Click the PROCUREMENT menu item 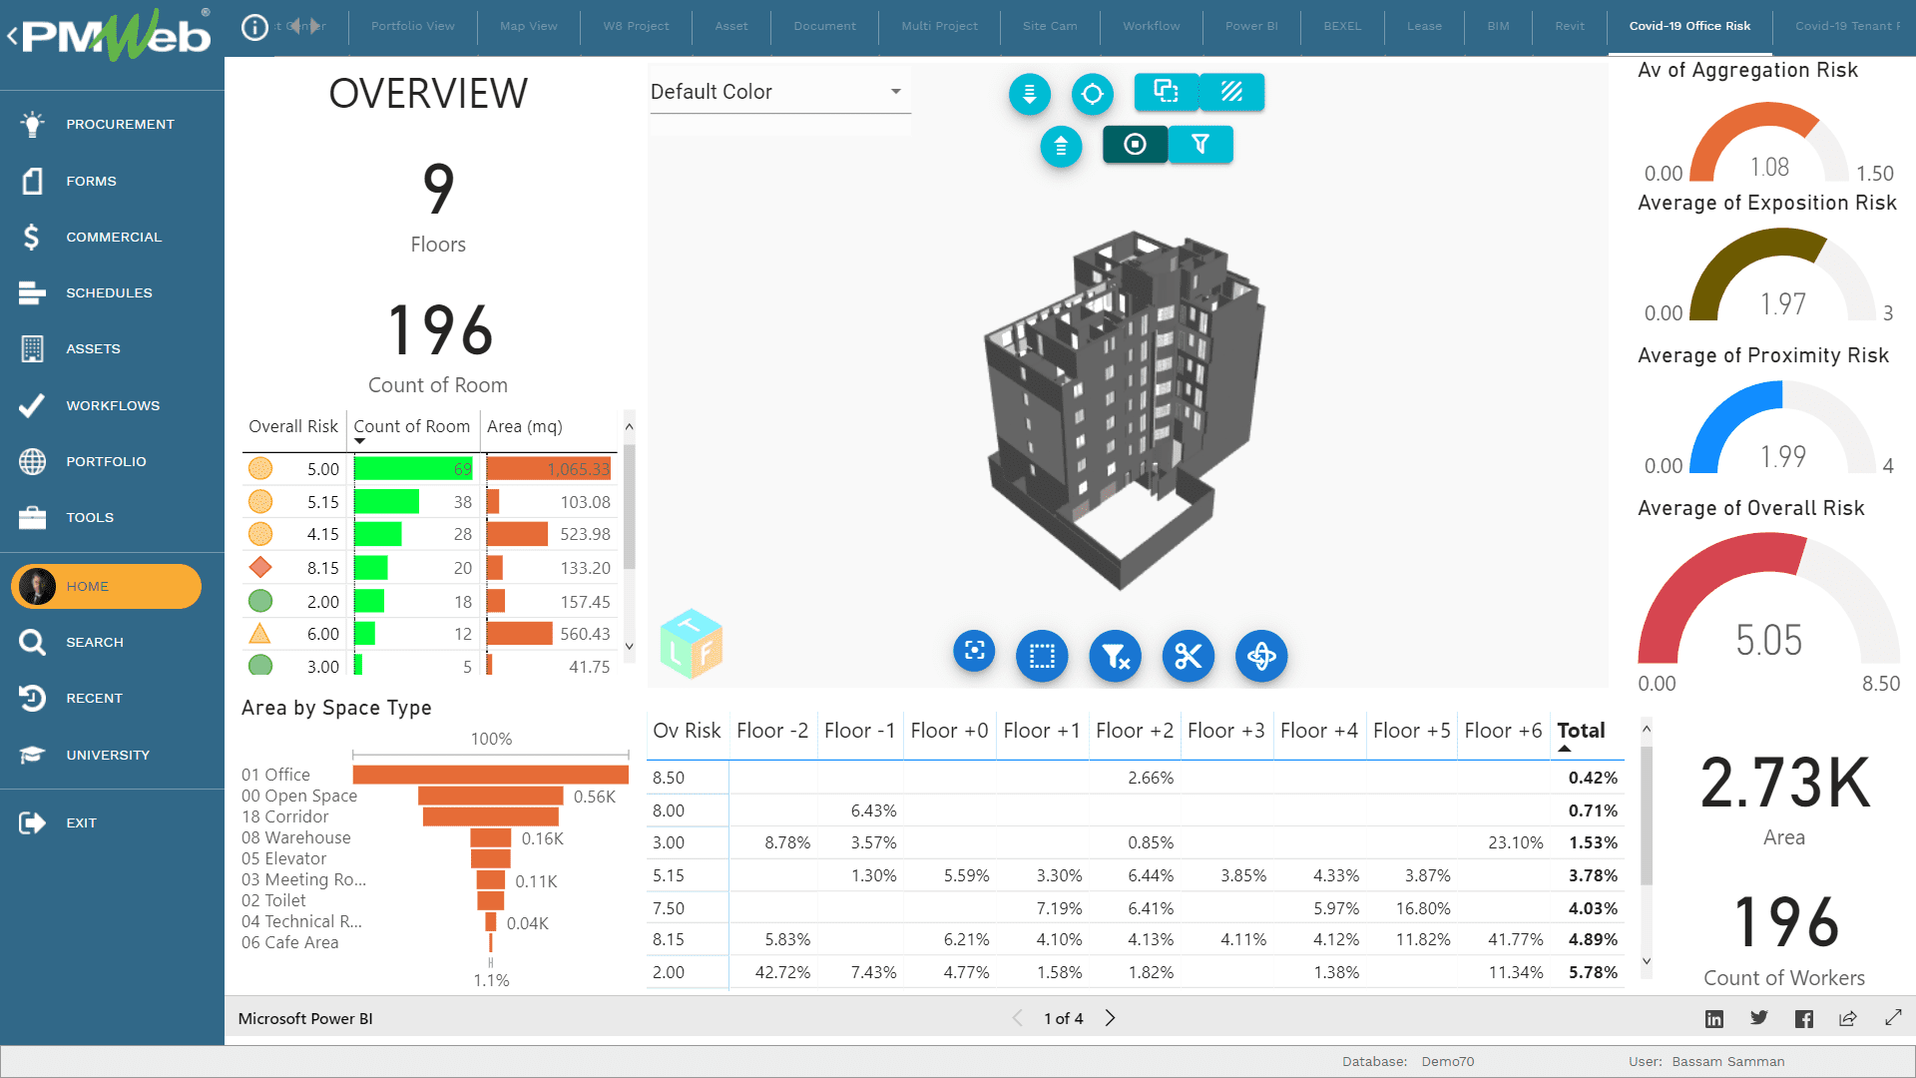[x=119, y=124]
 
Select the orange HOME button [x=106, y=586]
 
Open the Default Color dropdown [x=779, y=92]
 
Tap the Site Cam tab [x=1049, y=26]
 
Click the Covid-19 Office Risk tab [x=1688, y=26]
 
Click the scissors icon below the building [x=1188, y=656]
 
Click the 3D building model [x=1123, y=409]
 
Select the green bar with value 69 [x=412, y=469]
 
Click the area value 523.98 [x=584, y=534]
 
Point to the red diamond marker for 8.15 [x=260, y=567]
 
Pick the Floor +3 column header [x=1225, y=731]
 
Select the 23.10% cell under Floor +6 [x=1515, y=842]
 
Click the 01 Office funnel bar [x=490, y=775]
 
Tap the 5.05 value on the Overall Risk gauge [x=1768, y=640]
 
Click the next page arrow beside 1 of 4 [x=1110, y=1018]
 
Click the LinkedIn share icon [x=1713, y=1018]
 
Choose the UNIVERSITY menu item [x=107, y=755]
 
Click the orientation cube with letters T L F [x=691, y=644]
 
